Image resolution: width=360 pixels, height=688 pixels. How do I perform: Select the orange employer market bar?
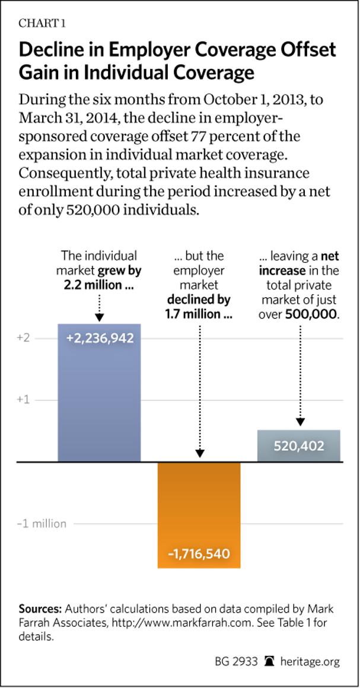[199, 510]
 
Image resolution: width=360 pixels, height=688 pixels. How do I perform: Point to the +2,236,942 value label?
[100, 338]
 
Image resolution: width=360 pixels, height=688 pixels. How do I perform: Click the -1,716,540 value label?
[199, 555]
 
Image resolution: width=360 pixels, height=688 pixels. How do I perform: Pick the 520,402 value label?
[299, 445]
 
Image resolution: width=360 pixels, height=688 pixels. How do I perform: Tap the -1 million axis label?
[42, 524]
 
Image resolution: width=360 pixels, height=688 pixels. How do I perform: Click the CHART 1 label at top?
[42, 24]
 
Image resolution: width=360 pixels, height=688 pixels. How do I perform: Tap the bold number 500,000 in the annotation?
[312, 314]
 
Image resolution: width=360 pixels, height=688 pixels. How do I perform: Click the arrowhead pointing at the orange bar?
[199, 453]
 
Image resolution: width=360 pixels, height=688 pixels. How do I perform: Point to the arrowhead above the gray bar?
[300, 422]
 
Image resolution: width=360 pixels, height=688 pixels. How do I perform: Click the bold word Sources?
[40, 609]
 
